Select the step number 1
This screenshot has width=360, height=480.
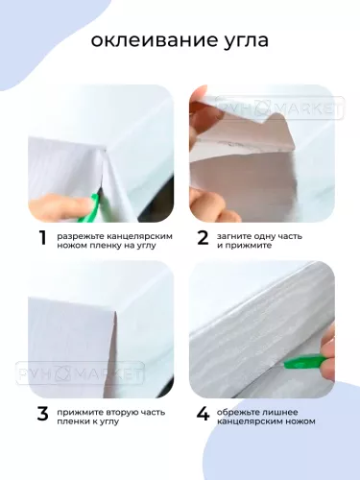click(x=42, y=238)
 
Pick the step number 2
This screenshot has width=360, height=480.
click(x=203, y=238)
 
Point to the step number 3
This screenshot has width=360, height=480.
click(x=42, y=414)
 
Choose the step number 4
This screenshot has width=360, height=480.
click(x=203, y=414)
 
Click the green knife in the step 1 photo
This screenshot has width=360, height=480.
click(x=89, y=208)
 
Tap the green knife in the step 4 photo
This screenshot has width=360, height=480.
click(x=300, y=362)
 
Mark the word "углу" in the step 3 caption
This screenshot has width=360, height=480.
click(x=108, y=422)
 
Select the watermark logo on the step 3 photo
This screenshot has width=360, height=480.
click(x=80, y=373)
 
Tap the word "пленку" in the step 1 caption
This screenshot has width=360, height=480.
click(x=99, y=246)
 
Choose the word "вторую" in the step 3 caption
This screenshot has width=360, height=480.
click(x=115, y=413)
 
